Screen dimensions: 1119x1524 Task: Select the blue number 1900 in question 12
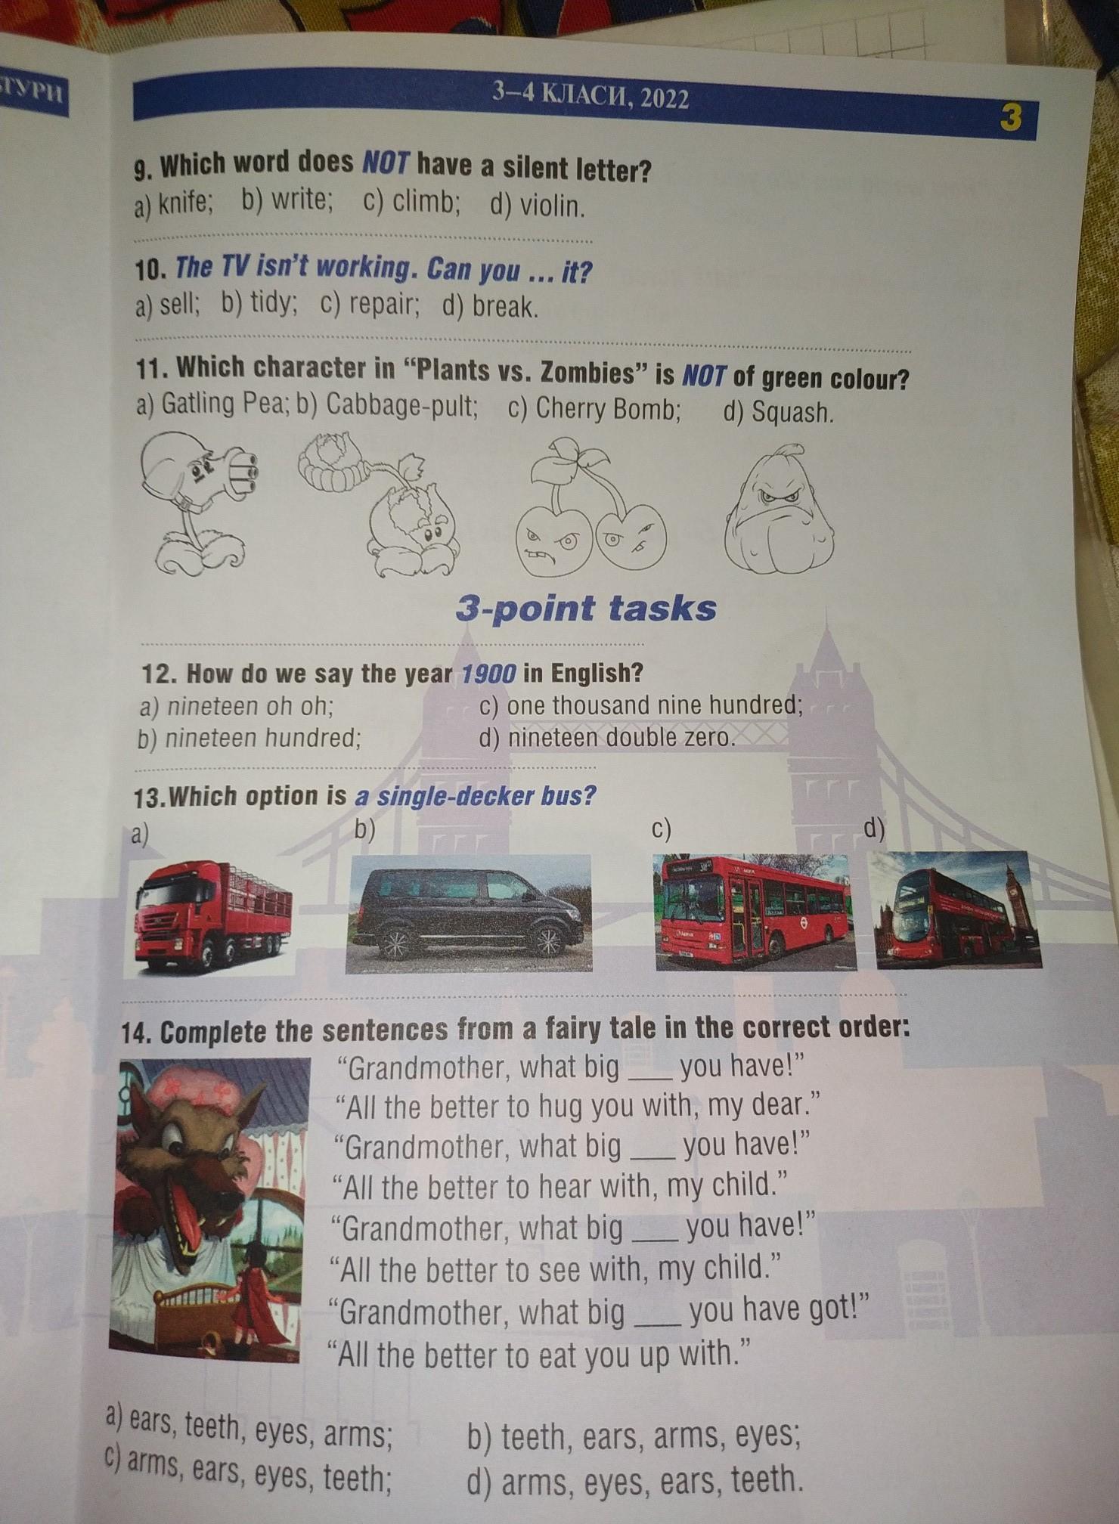[x=488, y=673]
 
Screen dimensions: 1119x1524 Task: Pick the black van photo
[x=469, y=912]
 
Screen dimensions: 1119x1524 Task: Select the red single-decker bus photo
[x=755, y=912]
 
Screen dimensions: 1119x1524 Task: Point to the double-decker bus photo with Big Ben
[x=958, y=909]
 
